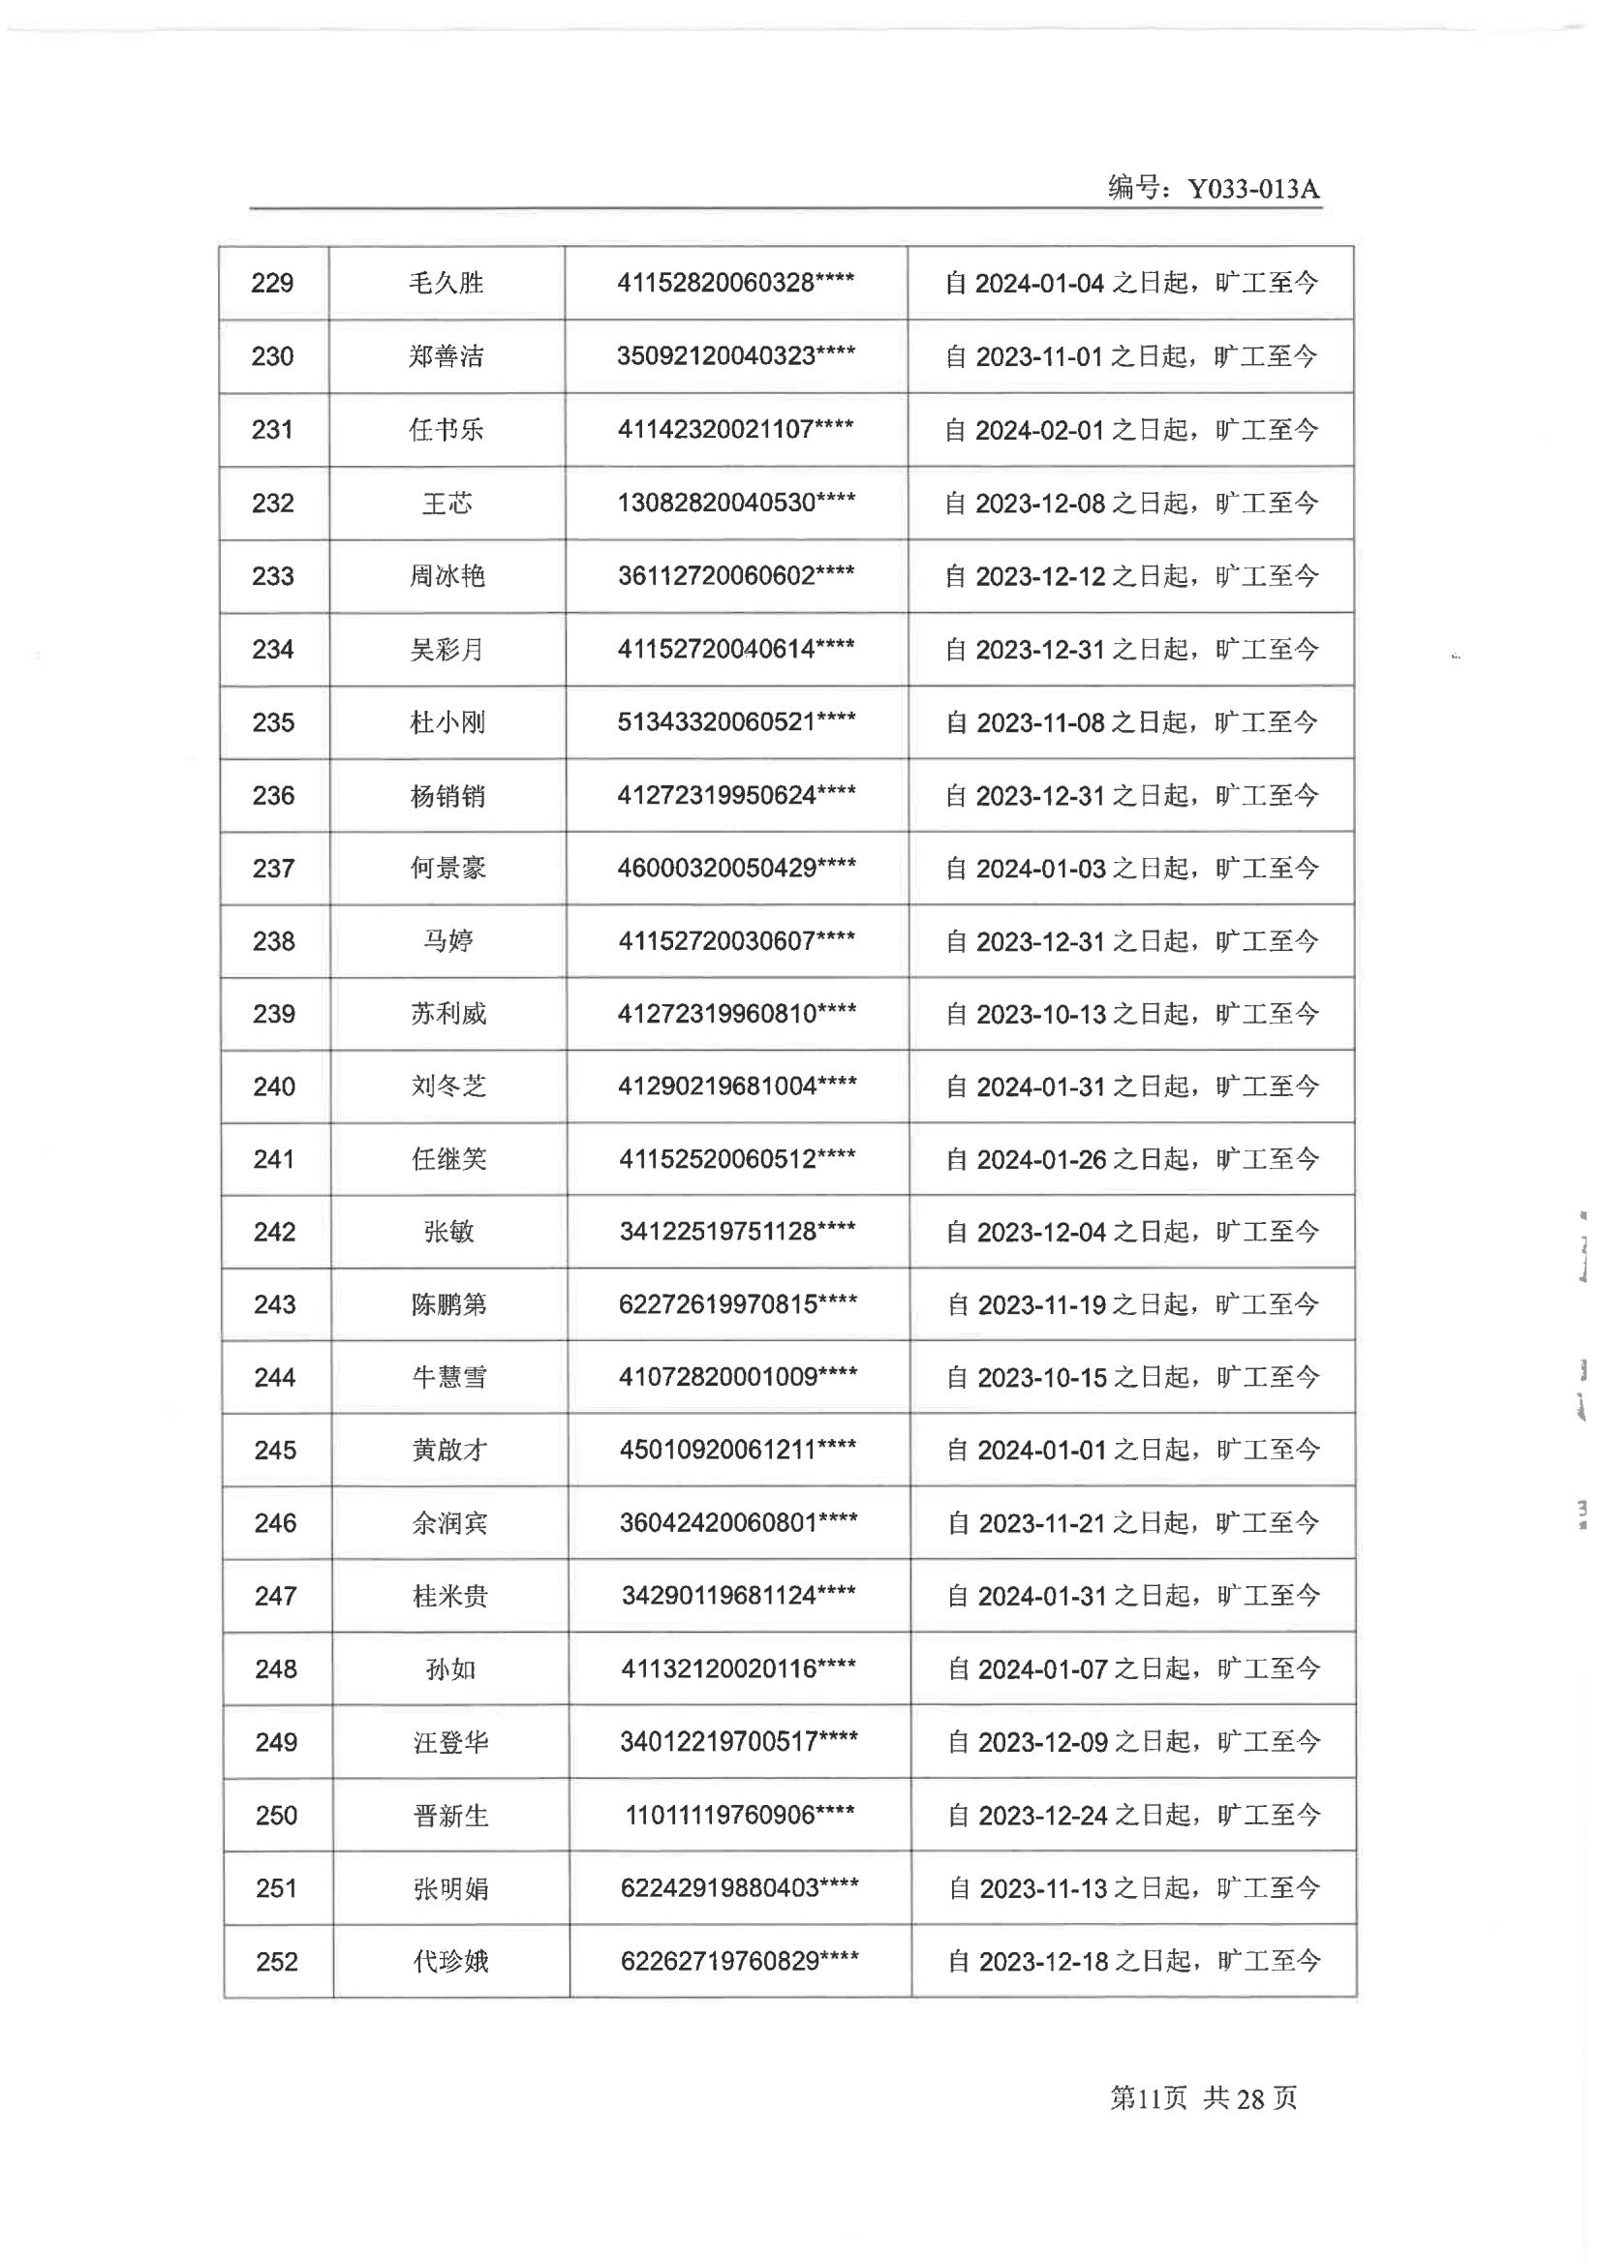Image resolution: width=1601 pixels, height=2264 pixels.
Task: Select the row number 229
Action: point(272,283)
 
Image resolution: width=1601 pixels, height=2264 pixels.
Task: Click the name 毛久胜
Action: point(446,283)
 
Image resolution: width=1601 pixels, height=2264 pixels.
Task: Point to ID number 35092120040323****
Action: point(736,356)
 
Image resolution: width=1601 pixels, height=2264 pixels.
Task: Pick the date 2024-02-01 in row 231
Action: point(1038,430)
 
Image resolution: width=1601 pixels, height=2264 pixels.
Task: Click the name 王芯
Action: point(446,503)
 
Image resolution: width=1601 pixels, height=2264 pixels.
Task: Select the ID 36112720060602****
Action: point(736,576)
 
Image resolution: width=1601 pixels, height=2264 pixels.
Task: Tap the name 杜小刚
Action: point(447,722)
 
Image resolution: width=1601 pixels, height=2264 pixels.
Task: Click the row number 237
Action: point(273,869)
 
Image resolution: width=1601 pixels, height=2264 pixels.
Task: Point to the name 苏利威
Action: point(448,1014)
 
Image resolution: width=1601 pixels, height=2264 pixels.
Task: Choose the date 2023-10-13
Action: point(1041,1014)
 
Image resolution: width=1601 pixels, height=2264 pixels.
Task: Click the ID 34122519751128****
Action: point(737,1232)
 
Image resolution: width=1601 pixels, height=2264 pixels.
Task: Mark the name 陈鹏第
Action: point(448,1304)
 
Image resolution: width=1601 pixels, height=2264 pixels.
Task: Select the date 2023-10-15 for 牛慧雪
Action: point(1041,1378)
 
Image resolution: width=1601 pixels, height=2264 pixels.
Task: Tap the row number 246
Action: point(275,1523)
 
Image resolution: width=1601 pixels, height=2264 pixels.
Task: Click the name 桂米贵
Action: point(449,1597)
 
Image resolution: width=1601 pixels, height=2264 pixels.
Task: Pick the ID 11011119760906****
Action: point(739,1816)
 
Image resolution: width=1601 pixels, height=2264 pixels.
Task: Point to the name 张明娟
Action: point(450,1888)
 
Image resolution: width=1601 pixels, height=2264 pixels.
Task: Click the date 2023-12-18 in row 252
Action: point(1043,1961)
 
